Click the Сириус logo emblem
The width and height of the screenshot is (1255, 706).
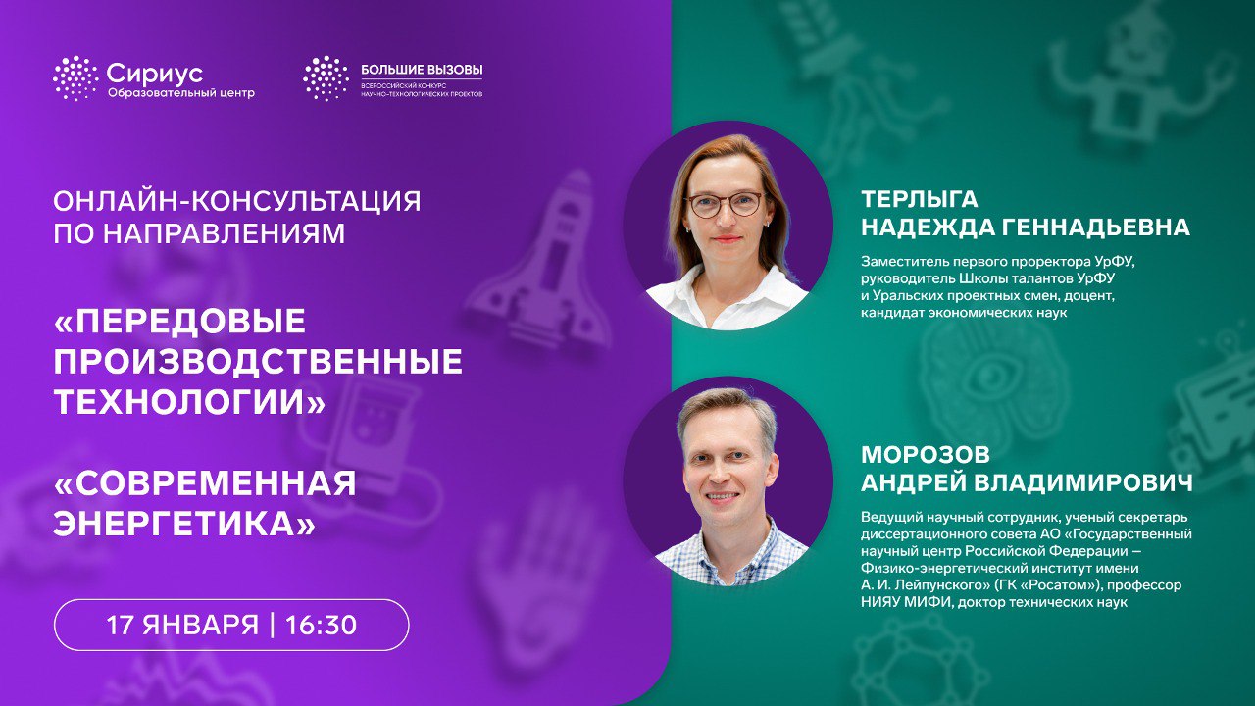coord(75,78)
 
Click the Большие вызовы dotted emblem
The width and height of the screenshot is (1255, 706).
coord(326,78)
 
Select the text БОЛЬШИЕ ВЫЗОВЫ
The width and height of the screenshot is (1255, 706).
coord(422,70)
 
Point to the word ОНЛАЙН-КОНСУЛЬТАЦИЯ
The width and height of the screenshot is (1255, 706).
coord(237,202)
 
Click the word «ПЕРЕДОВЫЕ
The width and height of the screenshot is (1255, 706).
coord(179,323)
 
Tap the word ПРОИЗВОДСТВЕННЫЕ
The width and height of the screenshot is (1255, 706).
coord(258,362)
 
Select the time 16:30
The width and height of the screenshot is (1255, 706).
coord(321,625)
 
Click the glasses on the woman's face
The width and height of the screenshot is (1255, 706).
coord(726,204)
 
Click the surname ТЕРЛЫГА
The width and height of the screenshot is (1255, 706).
coord(920,199)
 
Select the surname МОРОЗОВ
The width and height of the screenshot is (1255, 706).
coord(925,456)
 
